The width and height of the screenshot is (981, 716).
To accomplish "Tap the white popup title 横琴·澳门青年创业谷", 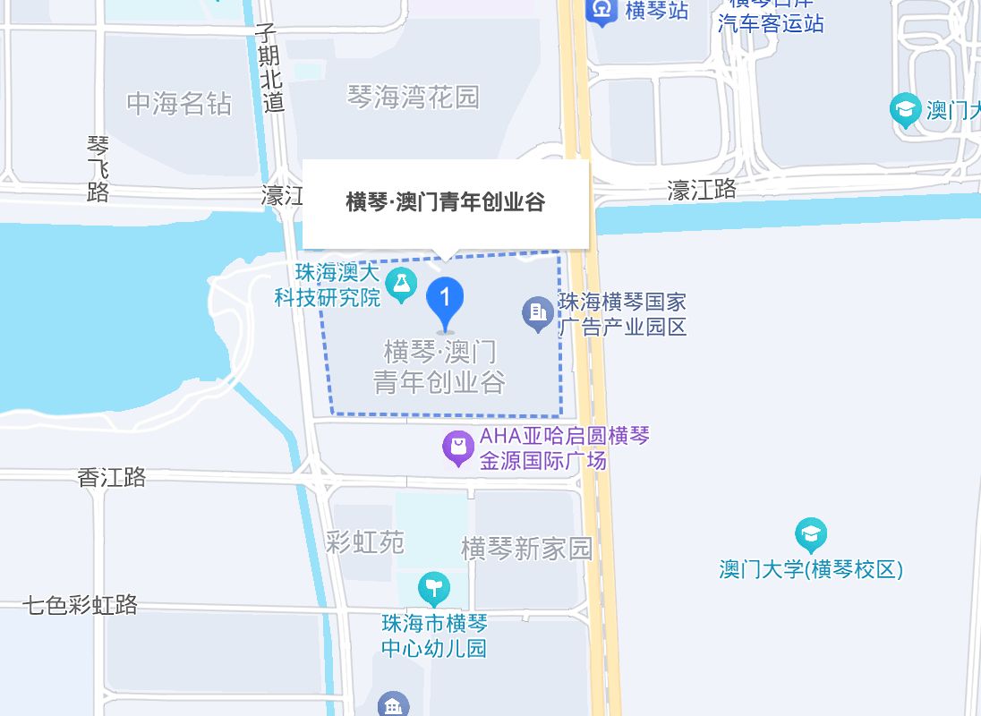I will pyautogui.click(x=445, y=202).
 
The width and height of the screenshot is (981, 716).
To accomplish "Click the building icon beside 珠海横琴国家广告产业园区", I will pyautogui.click(x=538, y=313).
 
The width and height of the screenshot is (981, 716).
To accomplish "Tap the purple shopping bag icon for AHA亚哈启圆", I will pyautogui.click(x=458, y=448).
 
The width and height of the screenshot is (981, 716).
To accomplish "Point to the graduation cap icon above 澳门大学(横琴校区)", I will pyautogui.click(x=811, y=535).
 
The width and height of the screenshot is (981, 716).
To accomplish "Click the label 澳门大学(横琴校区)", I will pyautogui.click(x=811, y=569).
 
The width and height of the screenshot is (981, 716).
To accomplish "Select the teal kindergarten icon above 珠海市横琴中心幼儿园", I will pyautogui.click(x=434, y=589).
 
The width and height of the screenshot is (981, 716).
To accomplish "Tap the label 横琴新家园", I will pyautogui.click(x=526, y=548).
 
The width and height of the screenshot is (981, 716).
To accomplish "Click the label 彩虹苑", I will pyautogui.click(x=365, y=541).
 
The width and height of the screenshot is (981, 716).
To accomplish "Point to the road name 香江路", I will pyautogui.click(x=112, y=477).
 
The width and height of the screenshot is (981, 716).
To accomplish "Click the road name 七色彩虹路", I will pyautogui.click(x=81, y=605).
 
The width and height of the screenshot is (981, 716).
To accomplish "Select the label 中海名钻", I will pyautogui.click(x=179, y=104).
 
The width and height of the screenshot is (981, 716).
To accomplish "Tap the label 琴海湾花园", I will pyautogui.click(x=414, y=97).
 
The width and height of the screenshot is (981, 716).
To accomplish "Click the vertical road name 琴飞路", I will pyautogui.click(x=98, y=168).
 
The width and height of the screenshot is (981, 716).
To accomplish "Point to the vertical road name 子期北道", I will pyautogui.click(x=269, y=68).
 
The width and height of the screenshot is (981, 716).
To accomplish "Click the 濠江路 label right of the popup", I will pyautogui.click(x=703, y=189).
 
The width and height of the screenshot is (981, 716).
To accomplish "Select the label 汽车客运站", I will pyautogui.click(x=771, y=23).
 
